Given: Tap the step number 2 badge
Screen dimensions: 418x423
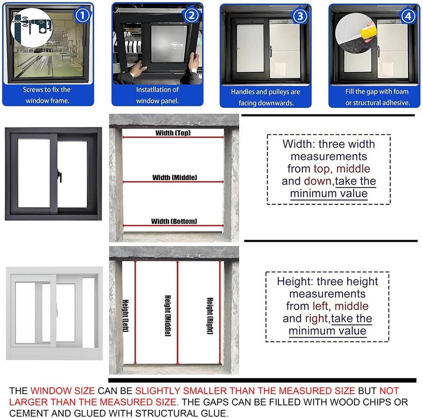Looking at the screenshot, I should pyautogui.click(x=191, y=16).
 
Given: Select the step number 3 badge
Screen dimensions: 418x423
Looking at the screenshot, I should pyautogui.click(x=300, y=16).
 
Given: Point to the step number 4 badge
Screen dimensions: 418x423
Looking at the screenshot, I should pyautogui.click(x=408, y=16).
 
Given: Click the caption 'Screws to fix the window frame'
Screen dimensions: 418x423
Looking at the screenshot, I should pyautogui.click(x=47, y=95).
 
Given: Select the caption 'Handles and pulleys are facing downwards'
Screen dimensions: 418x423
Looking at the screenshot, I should pyautogui.click(x=265, y=97).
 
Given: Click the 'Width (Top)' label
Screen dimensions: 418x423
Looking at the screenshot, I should pyautogui.click(x=173, y=133).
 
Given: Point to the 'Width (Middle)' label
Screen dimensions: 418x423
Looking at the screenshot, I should pyautogui.click(x=174, y=177).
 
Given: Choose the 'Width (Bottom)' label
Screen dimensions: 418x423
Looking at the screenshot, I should pyautogui.click(x=174, y=221).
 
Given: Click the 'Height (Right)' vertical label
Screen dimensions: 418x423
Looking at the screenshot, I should pyautogui.click(x=210, y=316).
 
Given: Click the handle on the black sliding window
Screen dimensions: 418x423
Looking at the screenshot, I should pyautogui.click(x=60, y=175).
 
